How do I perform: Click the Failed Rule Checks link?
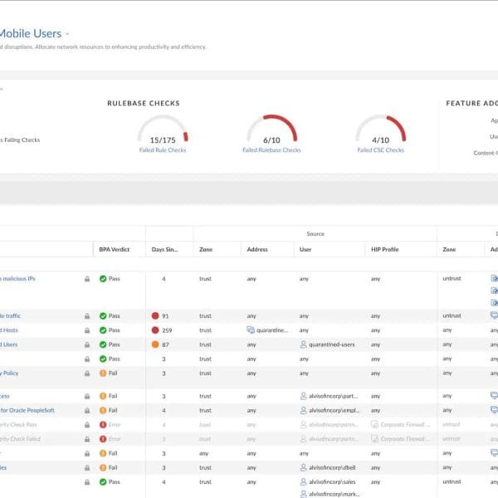click(x=163, y=150)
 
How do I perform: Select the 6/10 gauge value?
click(x=271, y=140)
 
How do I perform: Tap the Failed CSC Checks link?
click(x=381, y=150)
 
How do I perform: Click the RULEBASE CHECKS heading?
click(x=144, y=103)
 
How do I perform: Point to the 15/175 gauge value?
click(x=163, y=140)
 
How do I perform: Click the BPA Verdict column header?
click(x=115, y=249)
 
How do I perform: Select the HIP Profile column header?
click(x=386, y=249)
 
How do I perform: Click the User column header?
click(x=306, y=249)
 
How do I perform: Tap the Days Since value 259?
click(x=167, y=330)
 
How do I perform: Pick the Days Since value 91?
click(x=166, y=316)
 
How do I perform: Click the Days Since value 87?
click(x=166, y=344)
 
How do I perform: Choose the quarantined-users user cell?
click(x=330, y=344)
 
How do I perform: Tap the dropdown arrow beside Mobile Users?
click(x=67, y=34)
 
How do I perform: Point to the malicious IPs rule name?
click(x=18, y=279)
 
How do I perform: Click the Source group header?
click(x=315, y=234)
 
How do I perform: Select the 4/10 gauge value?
click(x=381, y=140)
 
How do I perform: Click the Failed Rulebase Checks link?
click(x=271, y=150)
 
